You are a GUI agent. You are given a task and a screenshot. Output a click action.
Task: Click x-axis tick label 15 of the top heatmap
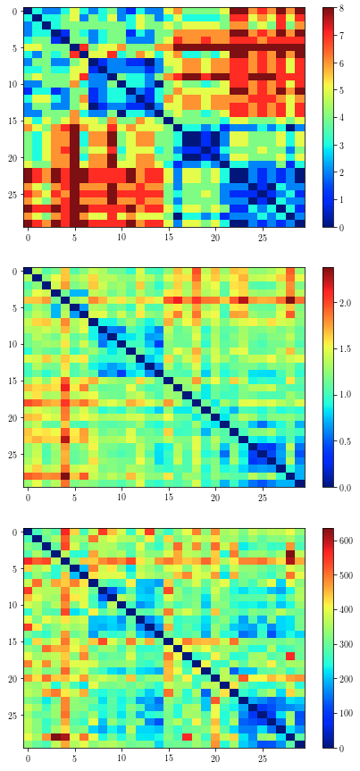[168, 239]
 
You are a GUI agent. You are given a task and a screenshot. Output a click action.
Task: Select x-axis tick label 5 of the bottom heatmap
[74, 760]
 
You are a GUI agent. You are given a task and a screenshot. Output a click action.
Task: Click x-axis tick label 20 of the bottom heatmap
[215, 760]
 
